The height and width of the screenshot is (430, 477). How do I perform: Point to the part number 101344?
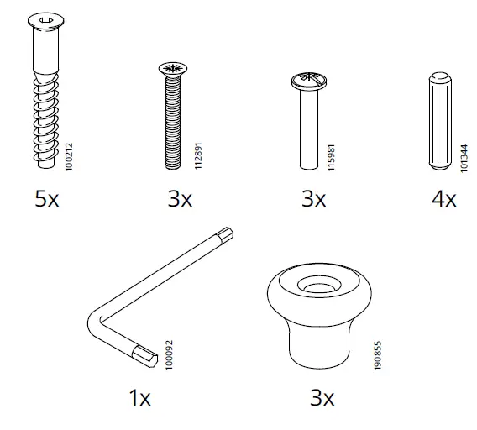[x=464, y=156]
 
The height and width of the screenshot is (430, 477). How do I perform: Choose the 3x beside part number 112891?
[x=179, y=200]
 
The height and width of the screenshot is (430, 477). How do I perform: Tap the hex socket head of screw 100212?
[x=43, y=20]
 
